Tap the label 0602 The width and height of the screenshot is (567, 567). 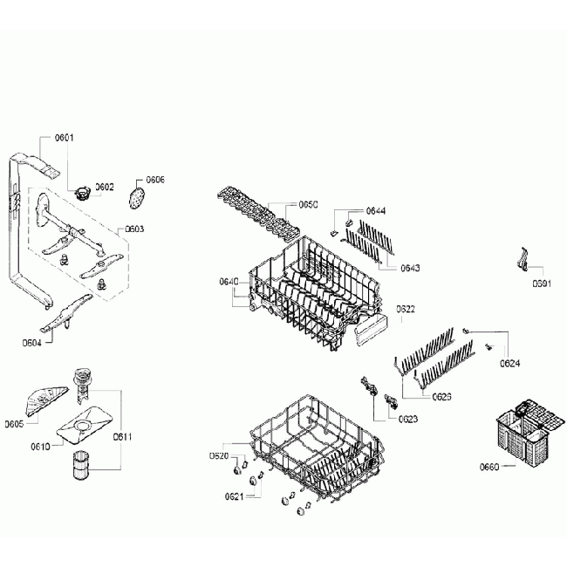pyautogui.click(x=105, y=187)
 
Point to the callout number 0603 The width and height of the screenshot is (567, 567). pyautogui.click(x=134, y=229)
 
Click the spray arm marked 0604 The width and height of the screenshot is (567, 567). pyautogui.click(x=70, y=315)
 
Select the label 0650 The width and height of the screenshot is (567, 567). pyautogui.click(x=309, y=204)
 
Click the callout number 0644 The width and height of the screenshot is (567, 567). pyautogui.click(x=376, y=211)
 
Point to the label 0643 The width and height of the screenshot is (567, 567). pyautogui.click(x=409, y=267)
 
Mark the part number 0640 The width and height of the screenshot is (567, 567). pyautogui.click(x=228, y=281)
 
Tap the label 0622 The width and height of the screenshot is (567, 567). pyautogui.click(x=406, y=309)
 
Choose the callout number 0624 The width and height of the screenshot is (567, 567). pyautogui.click(x=510, y=363)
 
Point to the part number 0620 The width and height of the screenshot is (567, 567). pyautogui.click(x=219, y=456)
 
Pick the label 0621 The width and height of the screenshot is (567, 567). pyautogui.click(x=233, y=496)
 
